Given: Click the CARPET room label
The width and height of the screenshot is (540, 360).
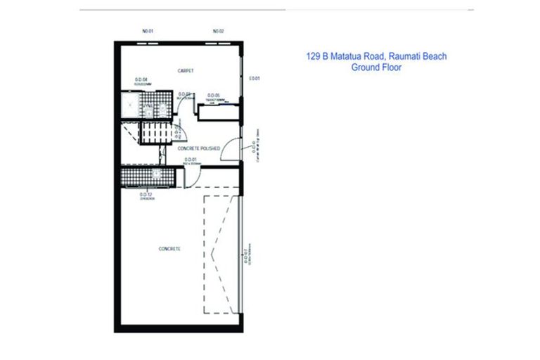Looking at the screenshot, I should tap(186, 71).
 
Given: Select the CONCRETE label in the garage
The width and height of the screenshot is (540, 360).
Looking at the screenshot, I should tap(171, 249).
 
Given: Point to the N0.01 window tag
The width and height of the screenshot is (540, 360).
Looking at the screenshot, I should tap(148, 32).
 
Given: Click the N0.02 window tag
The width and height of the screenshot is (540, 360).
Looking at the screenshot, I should tap(218, 32).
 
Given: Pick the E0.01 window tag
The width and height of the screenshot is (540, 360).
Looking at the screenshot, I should tap(255, 78).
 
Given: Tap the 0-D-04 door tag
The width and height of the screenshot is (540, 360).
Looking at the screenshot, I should tap(141, 80).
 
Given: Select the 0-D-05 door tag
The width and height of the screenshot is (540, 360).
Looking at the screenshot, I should tap(214, 95).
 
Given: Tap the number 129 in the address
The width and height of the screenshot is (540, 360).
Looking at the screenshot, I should tap(314, 56).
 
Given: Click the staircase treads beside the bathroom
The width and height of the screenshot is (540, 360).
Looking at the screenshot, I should tap(154, 131).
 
